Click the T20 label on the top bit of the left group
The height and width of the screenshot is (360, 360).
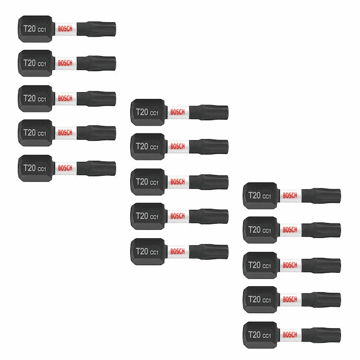[x=29, y=28]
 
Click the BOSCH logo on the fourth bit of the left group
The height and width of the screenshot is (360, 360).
[x=64, y=133]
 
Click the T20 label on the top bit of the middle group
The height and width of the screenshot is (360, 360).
[x=142, y=112]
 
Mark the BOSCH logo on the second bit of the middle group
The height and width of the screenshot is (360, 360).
[x=177, y=147]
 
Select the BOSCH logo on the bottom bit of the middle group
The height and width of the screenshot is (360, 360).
[x=177, y=251]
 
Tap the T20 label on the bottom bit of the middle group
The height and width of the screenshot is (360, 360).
[x=142, y=251]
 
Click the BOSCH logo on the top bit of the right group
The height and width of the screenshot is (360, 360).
[x=290, y=195]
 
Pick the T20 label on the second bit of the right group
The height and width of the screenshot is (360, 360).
[x=255, y=230]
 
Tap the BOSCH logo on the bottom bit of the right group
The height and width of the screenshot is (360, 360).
[x=290, y=334]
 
